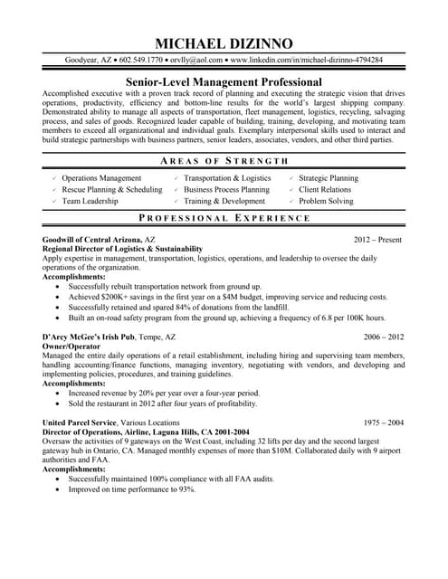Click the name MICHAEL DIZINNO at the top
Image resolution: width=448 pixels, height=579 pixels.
tap(224, 43)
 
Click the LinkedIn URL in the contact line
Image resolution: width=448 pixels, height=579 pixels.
tap(306, 61)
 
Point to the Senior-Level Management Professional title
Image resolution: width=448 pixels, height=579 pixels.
tap(224, 81)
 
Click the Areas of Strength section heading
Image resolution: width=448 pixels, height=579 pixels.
tap(224, 160)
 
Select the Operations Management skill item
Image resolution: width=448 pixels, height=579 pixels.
tap(101, 178)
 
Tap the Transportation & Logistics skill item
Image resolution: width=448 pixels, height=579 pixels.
tap(227, 178)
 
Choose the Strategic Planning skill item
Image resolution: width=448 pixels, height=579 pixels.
tap(328, 178)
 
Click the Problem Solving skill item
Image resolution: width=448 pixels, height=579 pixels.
tap(325, 202)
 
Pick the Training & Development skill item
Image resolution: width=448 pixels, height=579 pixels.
tap(224, 202)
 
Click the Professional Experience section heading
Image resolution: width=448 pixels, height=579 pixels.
tap(224, 219)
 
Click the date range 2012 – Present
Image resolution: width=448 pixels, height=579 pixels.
tap(378, 240)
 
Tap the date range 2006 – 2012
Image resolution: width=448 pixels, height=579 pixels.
tap(384, 336)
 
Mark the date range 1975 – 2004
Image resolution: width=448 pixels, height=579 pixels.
tap(384, 422)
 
